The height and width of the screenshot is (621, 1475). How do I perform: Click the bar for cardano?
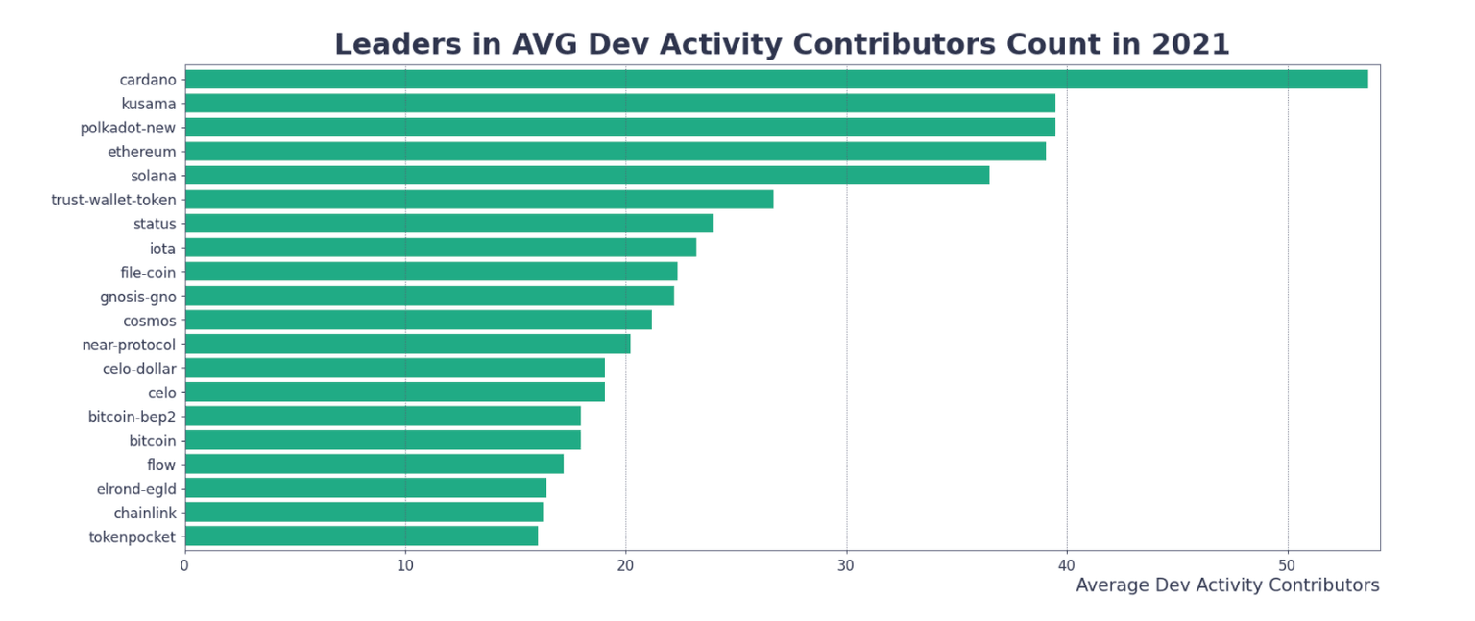[x=776, y=80]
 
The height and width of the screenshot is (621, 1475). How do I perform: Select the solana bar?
[x=587, y=176]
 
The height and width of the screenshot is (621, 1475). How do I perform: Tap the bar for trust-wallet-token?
[x=478, y=200]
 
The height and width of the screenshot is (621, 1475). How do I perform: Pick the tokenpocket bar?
[x=361, y=537]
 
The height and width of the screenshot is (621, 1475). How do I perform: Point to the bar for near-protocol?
[x=407, y=344]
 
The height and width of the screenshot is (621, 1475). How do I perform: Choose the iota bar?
[x=440, y=248]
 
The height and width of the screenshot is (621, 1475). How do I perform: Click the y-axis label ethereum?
[x=141, y=152]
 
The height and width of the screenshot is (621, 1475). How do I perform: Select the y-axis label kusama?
[x=149, y=104]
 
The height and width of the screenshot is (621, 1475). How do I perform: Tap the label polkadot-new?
[x=129, y=128]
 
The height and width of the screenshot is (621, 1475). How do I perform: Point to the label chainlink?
[x=145, y=513]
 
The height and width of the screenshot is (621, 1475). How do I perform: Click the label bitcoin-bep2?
[x=133, y=417]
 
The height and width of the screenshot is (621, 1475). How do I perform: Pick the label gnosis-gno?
[x=138, y=297]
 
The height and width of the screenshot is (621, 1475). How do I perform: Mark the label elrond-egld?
[x=136, y=489]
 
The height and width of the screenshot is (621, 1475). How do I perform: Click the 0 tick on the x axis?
[x=184, y=565]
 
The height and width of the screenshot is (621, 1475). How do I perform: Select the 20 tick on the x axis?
[x=625, y=565]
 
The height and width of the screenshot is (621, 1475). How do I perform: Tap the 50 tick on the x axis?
[x=1288, y=565]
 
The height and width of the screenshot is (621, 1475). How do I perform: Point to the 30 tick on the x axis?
[x=846, y=565]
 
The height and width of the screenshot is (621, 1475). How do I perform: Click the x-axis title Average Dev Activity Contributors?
[x=1227, y=585]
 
